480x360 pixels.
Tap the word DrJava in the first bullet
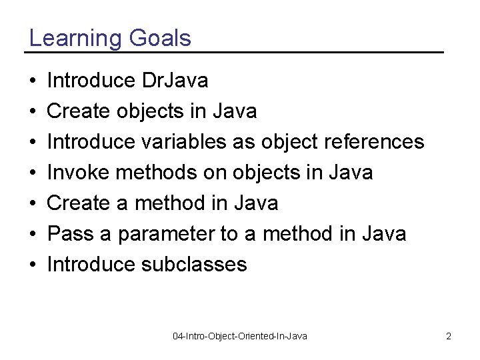coord(175,81)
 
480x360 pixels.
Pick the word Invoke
coord(79,173)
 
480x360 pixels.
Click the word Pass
coord(70,234)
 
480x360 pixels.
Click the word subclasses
coord(194,265)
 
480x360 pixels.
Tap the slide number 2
coord(449,336)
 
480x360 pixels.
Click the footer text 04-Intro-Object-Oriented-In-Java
coord(240,336)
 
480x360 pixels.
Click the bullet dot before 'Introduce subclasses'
coord(33,265)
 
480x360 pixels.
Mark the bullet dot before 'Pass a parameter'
coord(33,235)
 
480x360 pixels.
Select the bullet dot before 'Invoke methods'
coord(33,173)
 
